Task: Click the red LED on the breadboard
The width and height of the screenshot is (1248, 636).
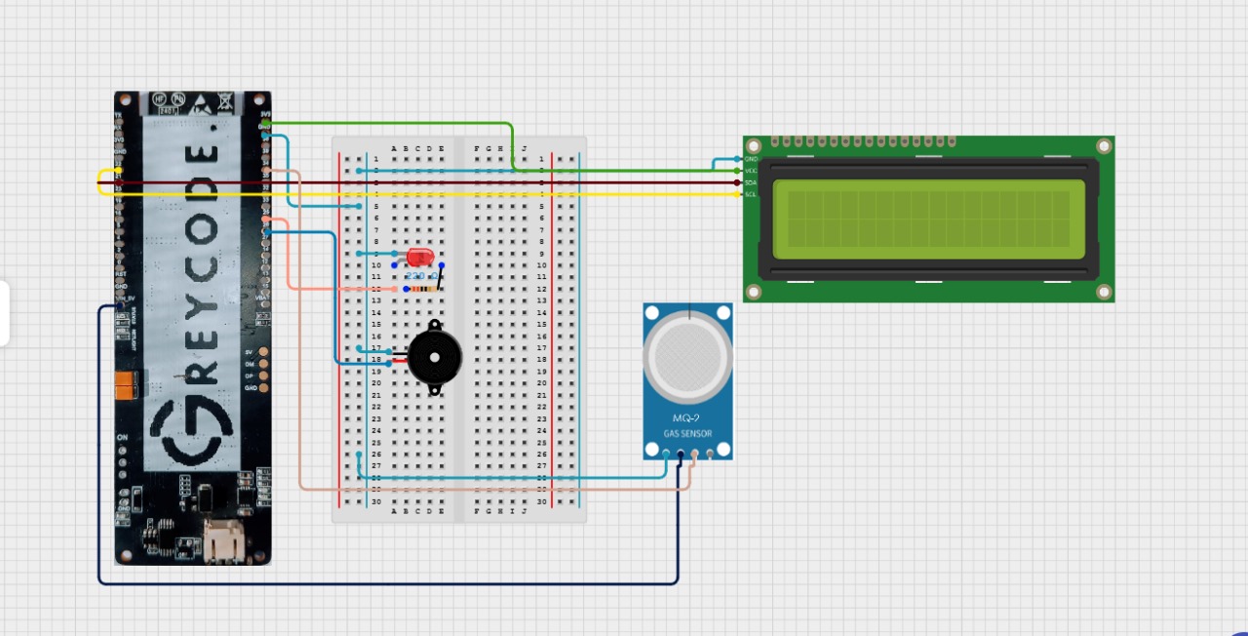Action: pyautogui.click(x=420, y=258)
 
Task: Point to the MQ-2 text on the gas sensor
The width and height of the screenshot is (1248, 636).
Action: pyautogui.click(x=687, y=418)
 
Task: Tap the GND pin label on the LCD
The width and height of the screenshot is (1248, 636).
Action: pyautogui.click(x=751, y=159)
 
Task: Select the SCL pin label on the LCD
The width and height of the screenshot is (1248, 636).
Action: pyautogui.click(x=751, y=194)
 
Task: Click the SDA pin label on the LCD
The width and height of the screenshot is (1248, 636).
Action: pyautogui.click(x=751, y=182)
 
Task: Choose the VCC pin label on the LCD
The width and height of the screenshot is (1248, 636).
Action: pyautogui.click(x=751, y=171)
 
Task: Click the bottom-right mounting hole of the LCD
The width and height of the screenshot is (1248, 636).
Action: pyautogui.click(x=1103, y=292)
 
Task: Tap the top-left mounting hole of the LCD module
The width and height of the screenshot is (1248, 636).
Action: pyautogui.click(x=754, y=146)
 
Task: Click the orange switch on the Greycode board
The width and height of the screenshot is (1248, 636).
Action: pyautogui.click(x=124, y=386)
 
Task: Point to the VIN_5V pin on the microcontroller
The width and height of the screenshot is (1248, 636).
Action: pyautogui.click(x=121, y=306)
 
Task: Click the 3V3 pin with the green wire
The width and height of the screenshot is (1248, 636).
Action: pyautogui.click(x=265, y=122)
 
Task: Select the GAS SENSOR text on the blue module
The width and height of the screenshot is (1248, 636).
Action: pyautogui.click(x=687, y=433)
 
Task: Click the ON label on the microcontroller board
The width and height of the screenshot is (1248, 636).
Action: pyautogui.click(x=123, y=437)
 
